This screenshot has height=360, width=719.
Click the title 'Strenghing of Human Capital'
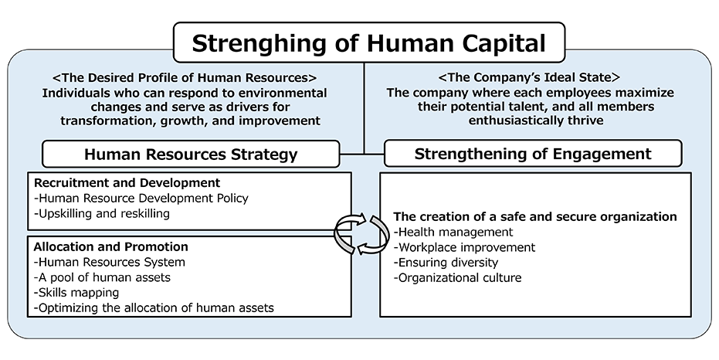point(368,42)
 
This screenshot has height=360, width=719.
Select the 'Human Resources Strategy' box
point(191,154)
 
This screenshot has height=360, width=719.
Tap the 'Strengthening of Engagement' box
point(533,154)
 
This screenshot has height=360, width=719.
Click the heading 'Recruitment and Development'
point(127,182)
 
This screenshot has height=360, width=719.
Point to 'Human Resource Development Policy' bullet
point(141,198)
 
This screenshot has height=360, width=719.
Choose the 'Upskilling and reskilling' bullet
point(102,214)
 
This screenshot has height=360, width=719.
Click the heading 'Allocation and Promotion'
point(111,246)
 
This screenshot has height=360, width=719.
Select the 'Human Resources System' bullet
point(110,263)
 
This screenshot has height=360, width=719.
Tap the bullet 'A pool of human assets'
point(102,277)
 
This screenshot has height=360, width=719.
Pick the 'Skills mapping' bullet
point(76,293)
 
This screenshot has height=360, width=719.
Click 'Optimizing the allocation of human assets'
point(154,307)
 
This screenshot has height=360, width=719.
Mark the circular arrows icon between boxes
point(361,234)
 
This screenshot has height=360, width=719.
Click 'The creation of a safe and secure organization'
point(535,216)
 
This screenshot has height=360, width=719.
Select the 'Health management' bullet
point(453,232)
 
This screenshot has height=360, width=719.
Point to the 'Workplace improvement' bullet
point(464,247)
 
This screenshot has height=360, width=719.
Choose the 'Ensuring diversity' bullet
point(446,263)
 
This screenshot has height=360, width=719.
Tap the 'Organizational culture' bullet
point(458,277)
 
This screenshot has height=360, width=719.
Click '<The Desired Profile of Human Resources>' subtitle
point(185,77)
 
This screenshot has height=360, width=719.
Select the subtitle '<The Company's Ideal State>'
point(530,77)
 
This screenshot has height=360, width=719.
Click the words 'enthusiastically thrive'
point(536,121)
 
